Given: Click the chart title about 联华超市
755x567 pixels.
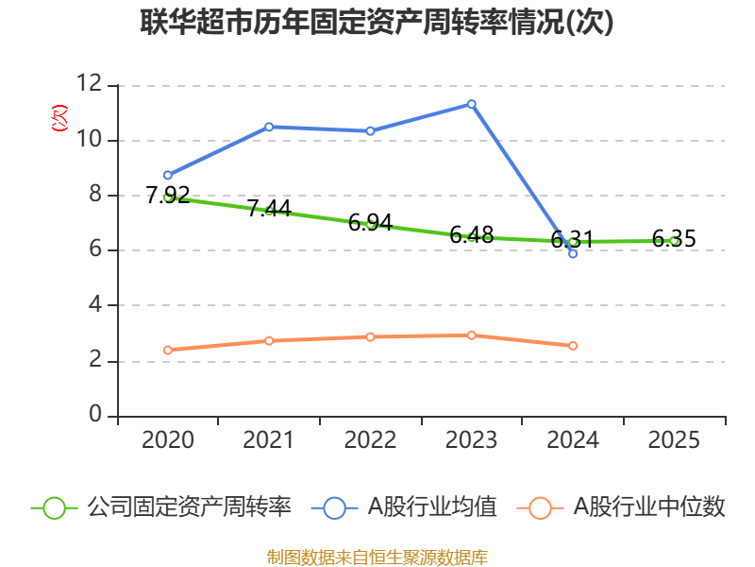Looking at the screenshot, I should (x=377, y=23).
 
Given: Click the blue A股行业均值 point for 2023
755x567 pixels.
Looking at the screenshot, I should (x=472, y=104).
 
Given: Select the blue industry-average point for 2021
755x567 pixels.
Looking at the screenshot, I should (x=269, y=127).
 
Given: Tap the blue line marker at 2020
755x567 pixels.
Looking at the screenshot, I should (x=168, y=175).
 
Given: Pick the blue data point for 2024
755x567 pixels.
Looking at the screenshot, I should (x=573, y=253).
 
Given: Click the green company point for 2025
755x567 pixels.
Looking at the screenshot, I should (x=674, y=241).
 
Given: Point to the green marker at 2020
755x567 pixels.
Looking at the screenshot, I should (x=168, y=198).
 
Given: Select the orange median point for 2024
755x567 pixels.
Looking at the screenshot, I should (x=573, y=346).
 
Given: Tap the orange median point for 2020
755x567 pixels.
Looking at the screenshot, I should (x=168, y=350).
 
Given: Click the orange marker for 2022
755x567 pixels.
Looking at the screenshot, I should (x=370, y=336).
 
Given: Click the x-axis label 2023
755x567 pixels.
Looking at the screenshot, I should (x=472, y=440).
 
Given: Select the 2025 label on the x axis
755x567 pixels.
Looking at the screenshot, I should (x=674, y=440).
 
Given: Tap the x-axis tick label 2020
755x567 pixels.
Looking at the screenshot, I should (x=168, y=440).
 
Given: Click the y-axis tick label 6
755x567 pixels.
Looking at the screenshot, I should (x=95, y=250).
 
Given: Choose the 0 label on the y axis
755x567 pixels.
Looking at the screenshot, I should (x=95, y=416).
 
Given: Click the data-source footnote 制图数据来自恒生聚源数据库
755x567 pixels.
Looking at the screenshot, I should (x=377, y=557).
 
